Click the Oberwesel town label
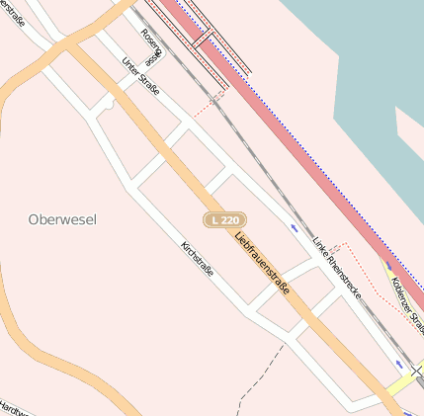tap(62, 219)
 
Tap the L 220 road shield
tap(224, 219)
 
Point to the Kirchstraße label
tap(198, 258)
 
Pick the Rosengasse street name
tap(150, 42)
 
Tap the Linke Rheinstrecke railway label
tap(336, 269)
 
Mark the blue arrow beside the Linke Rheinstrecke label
tap(295, 228)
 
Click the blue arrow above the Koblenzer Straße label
tap(387, 264)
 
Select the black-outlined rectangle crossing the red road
tap(204, 41)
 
